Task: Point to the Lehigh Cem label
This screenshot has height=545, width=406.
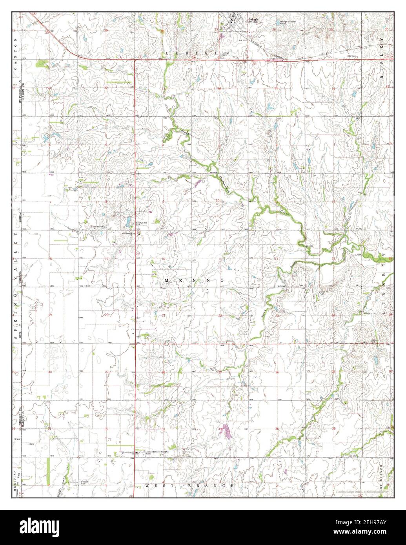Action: click(x=226, y=54)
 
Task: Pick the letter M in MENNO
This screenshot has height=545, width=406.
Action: click(x=167, y=281)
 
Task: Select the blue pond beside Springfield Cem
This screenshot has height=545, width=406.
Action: click(x=128, y=223)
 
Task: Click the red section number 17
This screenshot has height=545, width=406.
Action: click(x=106, y=259)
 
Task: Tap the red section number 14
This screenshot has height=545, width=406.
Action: click(x=276, y=259)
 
